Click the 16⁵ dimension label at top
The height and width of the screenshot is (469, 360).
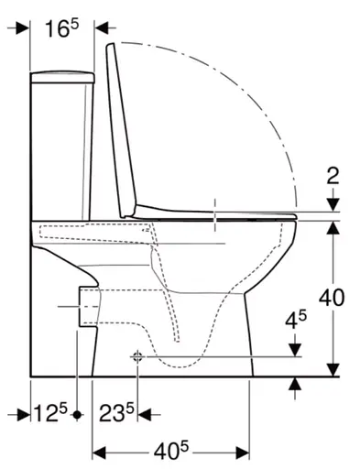[x=61, y=28]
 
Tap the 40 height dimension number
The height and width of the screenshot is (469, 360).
[x=332, y=298]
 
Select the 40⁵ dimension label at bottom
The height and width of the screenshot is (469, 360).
[x=171, y=451]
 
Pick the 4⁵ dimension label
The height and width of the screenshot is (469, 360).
[x=296, y=320]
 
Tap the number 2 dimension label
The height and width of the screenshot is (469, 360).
[x=333, y=177]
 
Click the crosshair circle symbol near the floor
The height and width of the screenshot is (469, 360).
[x=137, y=356]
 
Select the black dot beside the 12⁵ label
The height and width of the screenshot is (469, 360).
[x=78, y=415]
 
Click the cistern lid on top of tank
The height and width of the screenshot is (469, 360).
[x=62, y=78]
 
